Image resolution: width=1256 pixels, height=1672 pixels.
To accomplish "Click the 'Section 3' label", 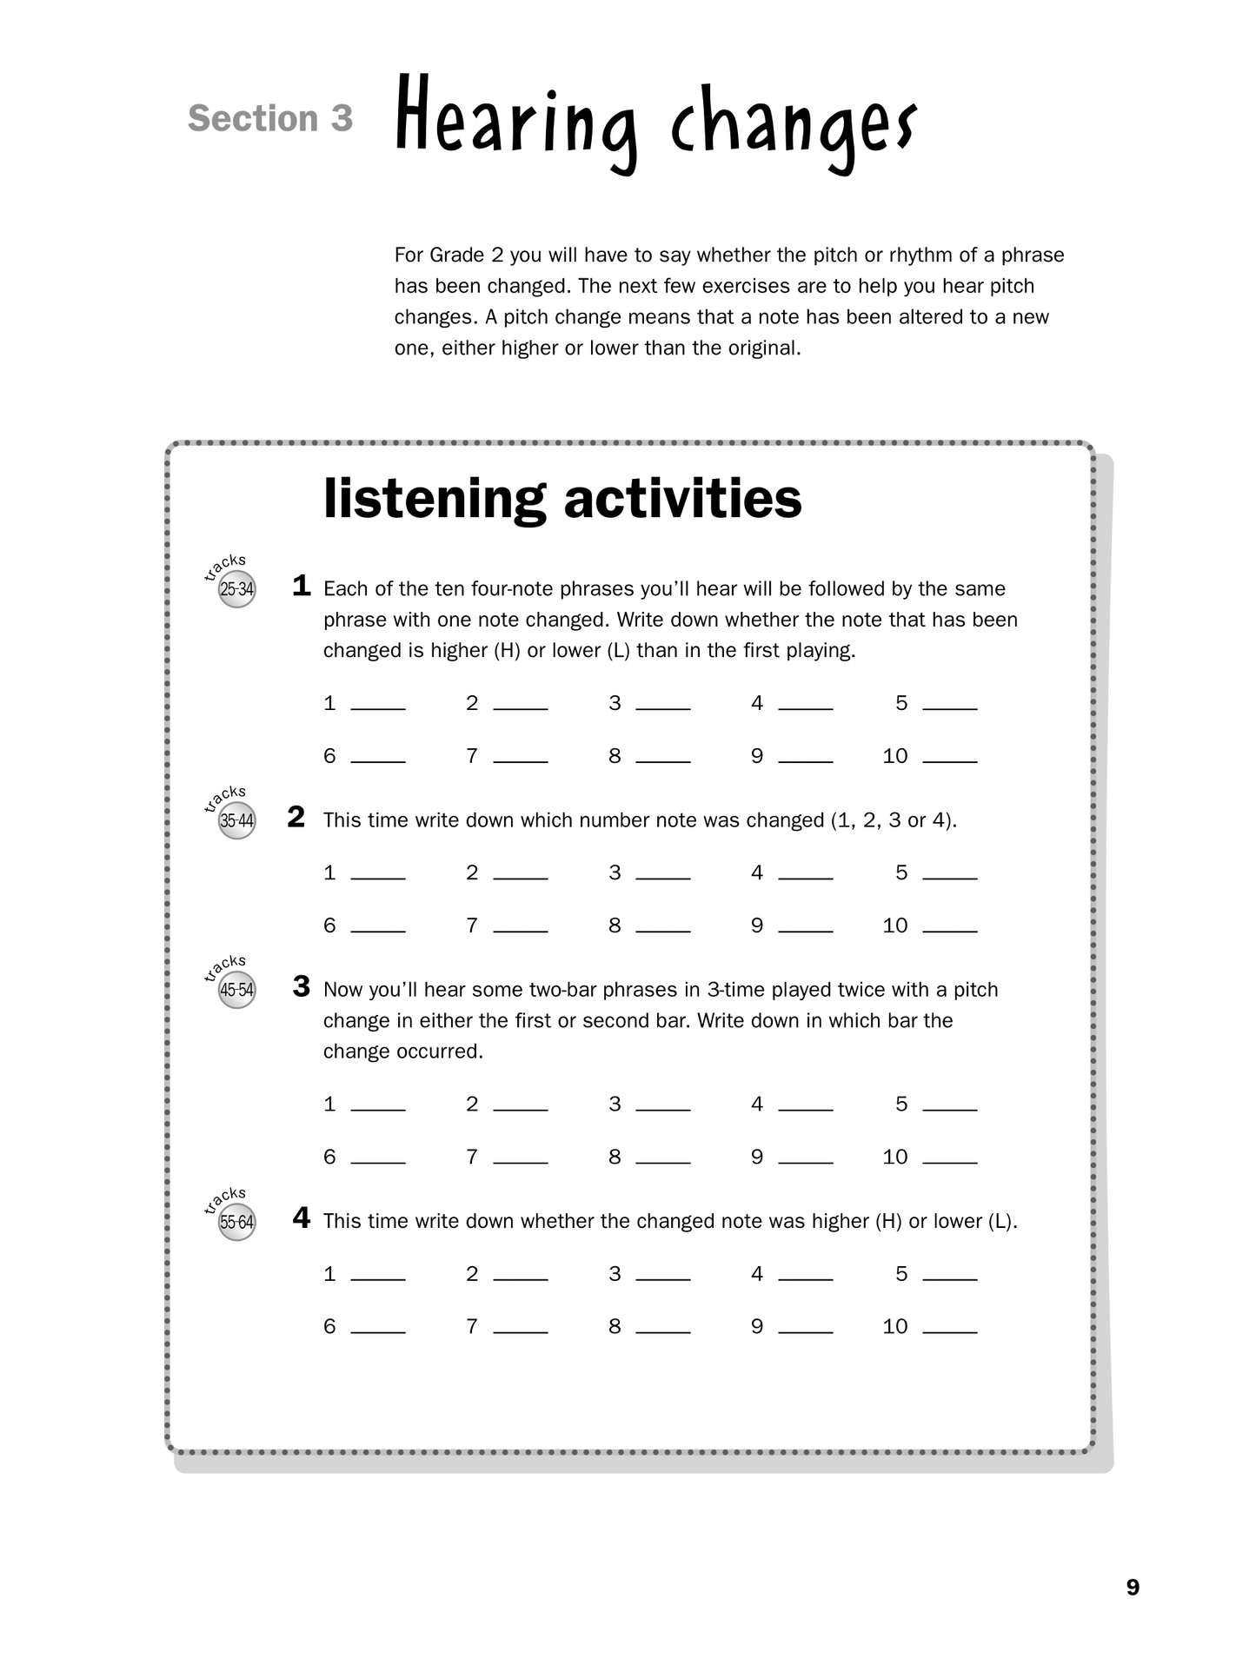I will tap(270, 119).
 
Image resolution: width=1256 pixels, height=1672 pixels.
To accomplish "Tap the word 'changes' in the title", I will tap(793, 126).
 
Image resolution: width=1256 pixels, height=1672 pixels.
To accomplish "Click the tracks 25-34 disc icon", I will tap(236, 590).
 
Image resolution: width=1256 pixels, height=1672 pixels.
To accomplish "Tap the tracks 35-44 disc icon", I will tap(236, 821).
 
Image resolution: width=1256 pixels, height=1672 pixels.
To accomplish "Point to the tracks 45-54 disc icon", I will tap(236, 991).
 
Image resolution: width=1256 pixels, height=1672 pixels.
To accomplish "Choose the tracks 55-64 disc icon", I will tap(236, 1223).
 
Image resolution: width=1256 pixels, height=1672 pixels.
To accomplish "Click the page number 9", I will tap(1133, 1588).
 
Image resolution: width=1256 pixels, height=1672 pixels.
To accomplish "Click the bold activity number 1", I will tap(302, 587).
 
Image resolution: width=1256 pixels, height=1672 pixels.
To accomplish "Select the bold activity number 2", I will tap(296, 818).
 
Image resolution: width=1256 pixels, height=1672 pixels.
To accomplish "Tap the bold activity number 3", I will tap(302, 987).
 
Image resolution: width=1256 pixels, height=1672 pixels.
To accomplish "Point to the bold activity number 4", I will tap(302, 1218).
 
